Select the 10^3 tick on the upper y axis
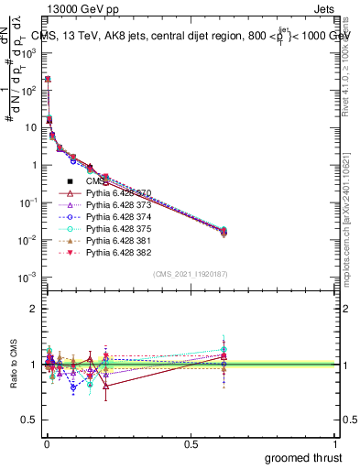click(x=28, y=53)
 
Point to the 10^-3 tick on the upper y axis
click(x=28, y=277)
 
